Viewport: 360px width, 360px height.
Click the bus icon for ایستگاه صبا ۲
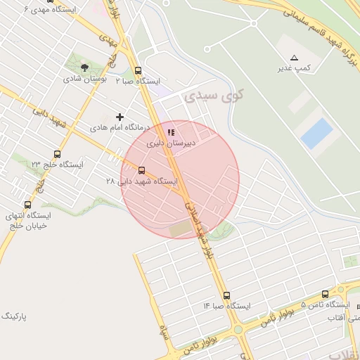tap(137, 70)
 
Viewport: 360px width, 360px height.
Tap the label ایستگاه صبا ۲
tap(134, 81)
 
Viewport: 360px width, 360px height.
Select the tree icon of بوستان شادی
tap(85, 68)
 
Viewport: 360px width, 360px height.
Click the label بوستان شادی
tap(85, 79)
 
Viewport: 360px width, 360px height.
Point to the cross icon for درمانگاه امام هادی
tap(120, 117)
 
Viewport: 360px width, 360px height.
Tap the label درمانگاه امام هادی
tap(120, 128)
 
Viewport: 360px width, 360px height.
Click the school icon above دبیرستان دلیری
tap(170, 132)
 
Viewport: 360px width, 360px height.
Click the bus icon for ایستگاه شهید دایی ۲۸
tap(142, 170)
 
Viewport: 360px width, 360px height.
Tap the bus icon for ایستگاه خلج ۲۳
tap(57, 154)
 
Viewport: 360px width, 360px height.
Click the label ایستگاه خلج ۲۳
tap(57, 165)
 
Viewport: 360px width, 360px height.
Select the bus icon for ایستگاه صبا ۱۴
tap(226, 296)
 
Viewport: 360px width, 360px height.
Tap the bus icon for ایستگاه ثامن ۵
tap(325, 295)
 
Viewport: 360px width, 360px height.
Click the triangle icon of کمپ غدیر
tap(295, 58)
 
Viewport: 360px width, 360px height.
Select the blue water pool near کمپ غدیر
tap(316, 133)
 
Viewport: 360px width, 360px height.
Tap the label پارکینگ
tap(13, 316)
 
